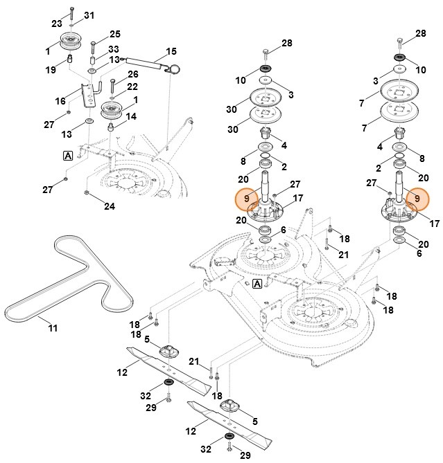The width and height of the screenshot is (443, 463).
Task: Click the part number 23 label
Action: coord(57,24)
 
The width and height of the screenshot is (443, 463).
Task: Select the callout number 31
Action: coord(89,15)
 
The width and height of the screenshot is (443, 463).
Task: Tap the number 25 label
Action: coord(114,34)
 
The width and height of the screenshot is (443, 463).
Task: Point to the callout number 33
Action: coord(113,49)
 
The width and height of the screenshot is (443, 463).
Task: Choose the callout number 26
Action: coord(132,74)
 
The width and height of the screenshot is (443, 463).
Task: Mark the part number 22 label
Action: coord(132,87)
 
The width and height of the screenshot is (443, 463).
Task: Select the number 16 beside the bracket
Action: coord(60,101)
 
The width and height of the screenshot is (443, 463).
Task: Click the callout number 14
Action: coord(132,117)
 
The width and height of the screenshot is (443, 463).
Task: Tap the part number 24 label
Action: coord(110,206)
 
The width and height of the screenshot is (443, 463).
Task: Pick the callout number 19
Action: coord(51,69)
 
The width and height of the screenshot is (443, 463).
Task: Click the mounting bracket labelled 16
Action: coord(88,96)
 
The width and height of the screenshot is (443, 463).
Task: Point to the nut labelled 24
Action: coord(86,192)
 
